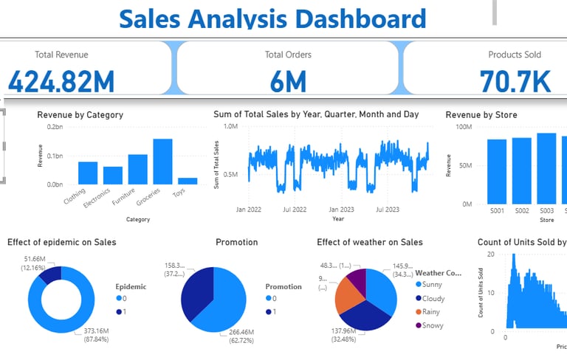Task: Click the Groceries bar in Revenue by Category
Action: tap(162, 162)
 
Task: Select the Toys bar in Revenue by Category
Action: tap(188, 181)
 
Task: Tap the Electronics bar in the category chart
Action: tap(113, 176)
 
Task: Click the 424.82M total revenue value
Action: tap(61, 80)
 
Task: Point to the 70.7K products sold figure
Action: tap(514, 81)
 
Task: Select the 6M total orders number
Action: tap(288, 81)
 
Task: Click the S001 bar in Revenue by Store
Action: tap(497, 171)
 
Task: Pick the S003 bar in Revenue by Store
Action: tap(547, 168)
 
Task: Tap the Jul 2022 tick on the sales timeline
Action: tap(295, 210)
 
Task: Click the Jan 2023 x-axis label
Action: tap(341, 210)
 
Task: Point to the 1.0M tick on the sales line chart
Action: tap(230, 127)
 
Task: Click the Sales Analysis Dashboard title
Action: tap(272, 18)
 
